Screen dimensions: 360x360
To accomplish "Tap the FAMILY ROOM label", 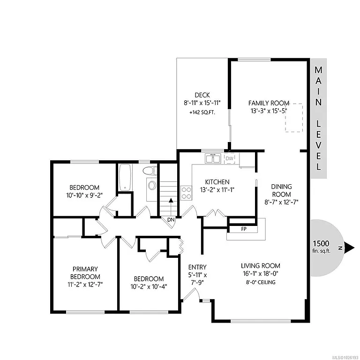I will pyautogui.click(x=268, y=103).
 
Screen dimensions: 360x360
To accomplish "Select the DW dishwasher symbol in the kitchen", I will pyautogui.click(x=229, y=159).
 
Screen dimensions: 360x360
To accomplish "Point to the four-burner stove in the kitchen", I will pyautogui.click(x=186, y=193).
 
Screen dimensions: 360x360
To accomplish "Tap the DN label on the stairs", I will pyautogui.click(x=171, y=219).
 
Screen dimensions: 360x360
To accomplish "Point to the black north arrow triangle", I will pyautogui.click(x=349, y=247).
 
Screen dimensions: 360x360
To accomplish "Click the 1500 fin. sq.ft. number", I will pyautogui.click(x=321, y=244).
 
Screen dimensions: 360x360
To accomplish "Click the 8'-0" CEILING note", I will pyautogui.click(x=261, y=282).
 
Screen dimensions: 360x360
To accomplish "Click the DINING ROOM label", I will pyautogui.click(x=281, y=190).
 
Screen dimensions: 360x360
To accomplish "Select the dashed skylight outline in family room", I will pyautogui.click(x=294, y=117).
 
